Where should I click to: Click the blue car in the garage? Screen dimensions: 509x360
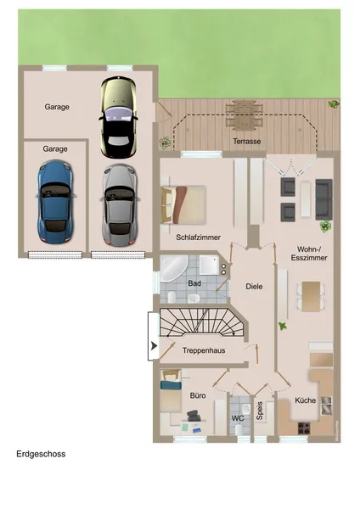(55, 200)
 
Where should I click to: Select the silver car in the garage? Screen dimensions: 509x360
(118, 201)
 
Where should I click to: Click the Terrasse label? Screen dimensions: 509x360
(247, 141)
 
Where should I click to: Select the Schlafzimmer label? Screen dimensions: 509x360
(197, 238)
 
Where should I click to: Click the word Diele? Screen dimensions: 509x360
(254, 287)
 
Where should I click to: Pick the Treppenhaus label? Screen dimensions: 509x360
(203, 350)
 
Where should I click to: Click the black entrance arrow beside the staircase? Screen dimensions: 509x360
(153, 346)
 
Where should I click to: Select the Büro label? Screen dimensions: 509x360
(199, 395)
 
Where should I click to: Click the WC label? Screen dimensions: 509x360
(238, 418)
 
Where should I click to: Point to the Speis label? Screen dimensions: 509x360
(261, 411)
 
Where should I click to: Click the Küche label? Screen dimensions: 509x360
(305, 399)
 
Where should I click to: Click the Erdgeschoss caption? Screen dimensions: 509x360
(41, 454)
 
